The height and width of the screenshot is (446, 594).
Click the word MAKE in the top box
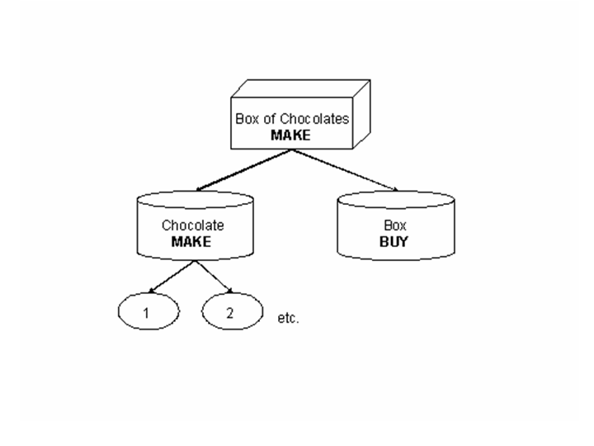point(290,135)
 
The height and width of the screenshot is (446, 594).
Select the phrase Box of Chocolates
point(291,119)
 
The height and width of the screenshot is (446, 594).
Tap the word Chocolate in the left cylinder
point(192,225)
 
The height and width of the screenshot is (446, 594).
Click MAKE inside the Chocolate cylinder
point(191,241)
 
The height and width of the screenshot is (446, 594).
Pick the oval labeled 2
point(232,313)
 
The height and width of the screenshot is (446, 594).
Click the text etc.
point(290,317)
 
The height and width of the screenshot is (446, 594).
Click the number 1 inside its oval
point(146,313)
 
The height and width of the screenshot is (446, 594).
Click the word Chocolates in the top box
point(318,119)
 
